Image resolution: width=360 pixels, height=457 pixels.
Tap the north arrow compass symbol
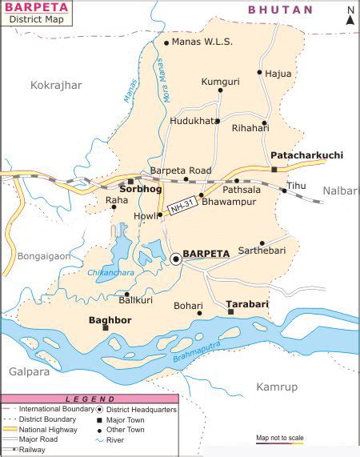[x=350, y=16]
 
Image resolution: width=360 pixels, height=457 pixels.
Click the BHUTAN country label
[x=280, y=10]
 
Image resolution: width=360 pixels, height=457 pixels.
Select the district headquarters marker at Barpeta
[x=176, y=258]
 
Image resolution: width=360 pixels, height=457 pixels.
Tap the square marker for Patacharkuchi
[x=274, y=169]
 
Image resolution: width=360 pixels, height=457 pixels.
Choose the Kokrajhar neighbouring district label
[x=57, y=84]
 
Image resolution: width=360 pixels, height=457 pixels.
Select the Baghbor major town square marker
[x=105, y=327]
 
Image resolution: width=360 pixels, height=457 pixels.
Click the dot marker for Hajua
[x=259, y=72]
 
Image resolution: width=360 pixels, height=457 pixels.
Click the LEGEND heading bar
[x=89, y=399]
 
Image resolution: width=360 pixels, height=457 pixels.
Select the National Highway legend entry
[x=47, y=428]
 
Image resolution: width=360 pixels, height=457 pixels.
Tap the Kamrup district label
[x=276, y=387]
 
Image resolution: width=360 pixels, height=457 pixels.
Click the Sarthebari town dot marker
[x=262, y=243]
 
